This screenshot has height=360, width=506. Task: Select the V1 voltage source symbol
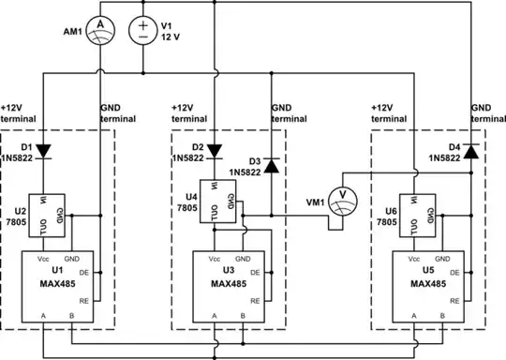[x=142, y=28]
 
